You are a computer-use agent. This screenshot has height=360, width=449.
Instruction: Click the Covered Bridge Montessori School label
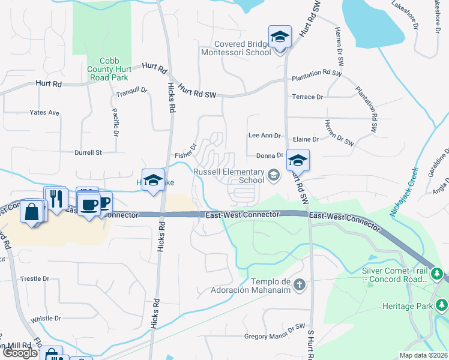[243, 48]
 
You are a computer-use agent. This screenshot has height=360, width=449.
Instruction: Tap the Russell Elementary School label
[229, 176]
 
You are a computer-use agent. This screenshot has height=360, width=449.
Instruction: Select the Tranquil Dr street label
[131, 91]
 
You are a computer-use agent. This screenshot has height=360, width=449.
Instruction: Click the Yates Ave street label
[45, 112]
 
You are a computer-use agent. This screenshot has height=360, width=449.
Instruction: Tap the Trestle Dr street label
[35, 279]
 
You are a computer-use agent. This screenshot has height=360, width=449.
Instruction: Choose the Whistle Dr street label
[46, 319]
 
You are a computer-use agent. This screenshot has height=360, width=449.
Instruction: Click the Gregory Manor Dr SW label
[275, 336]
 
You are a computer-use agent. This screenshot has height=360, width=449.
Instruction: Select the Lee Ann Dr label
[265, 136]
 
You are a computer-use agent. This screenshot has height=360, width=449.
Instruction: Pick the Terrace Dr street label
[307, 97]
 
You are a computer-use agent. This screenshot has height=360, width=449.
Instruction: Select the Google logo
[20, 352]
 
